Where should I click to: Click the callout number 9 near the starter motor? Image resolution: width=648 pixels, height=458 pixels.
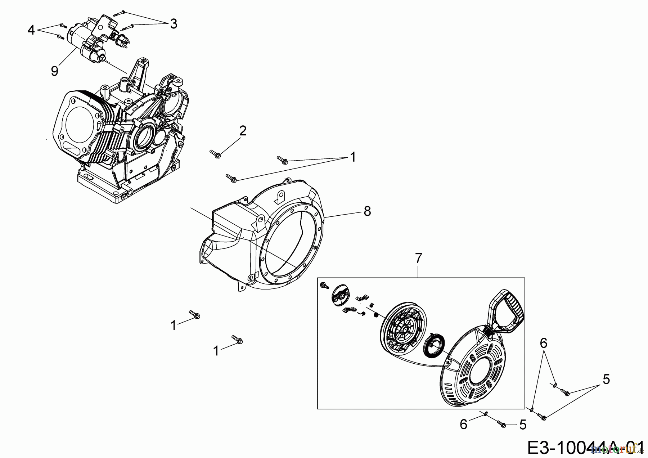click(x=54, y=71)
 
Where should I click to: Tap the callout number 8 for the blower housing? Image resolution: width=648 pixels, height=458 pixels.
click(x=367, y=211)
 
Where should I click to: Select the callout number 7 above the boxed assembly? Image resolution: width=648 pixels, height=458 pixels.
click(x=418, y=258)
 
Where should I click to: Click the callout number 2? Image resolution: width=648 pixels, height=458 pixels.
click(x=243, y=131)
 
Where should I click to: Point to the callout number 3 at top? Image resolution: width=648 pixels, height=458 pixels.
click(x=174, y=24)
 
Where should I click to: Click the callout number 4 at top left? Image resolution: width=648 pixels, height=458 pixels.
click(x=31, y=30)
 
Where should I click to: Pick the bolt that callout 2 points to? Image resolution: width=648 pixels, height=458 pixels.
click(x=215, y=154)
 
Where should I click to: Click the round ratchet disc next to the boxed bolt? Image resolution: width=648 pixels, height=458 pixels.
click(x=340, y=296)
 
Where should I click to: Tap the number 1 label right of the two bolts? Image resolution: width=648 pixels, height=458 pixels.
click(x=353, y=157)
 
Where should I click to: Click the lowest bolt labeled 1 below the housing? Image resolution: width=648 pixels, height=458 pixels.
click(x=238, y=340)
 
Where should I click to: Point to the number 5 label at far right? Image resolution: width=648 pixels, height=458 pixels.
click(x=607, y=379)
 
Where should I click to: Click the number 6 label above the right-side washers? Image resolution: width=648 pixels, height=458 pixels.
click(x=543, y=343)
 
